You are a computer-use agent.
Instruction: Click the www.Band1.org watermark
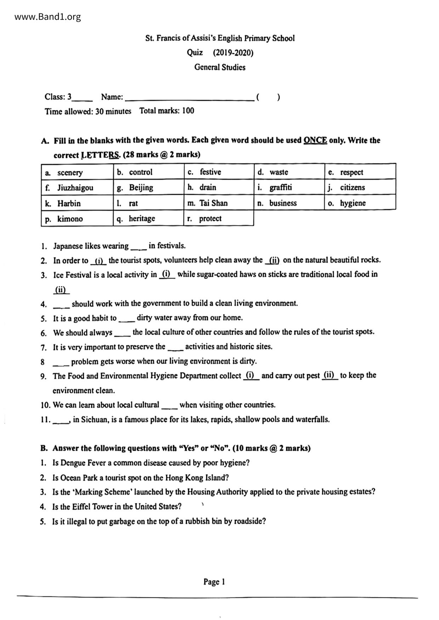(48, 17)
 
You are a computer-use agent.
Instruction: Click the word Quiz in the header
(195, 53)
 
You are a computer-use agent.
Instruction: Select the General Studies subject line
(219, 67)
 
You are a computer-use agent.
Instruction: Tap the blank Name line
(189, 98)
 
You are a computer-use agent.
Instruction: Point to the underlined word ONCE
(315, 140)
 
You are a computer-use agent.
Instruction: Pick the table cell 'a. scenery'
(77, 172)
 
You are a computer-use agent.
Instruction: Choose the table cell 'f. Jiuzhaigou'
(77, 187)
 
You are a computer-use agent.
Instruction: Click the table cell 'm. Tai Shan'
(218, 203)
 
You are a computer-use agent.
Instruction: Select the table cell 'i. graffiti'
(289, 187)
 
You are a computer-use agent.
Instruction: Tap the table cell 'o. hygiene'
(360, 203)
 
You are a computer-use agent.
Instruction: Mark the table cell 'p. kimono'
(77, 219)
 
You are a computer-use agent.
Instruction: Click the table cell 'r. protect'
(218, 218)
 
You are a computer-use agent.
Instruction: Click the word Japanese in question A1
(68, 246)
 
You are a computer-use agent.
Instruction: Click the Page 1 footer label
(214, 581)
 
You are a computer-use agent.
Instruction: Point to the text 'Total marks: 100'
(167, 111)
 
